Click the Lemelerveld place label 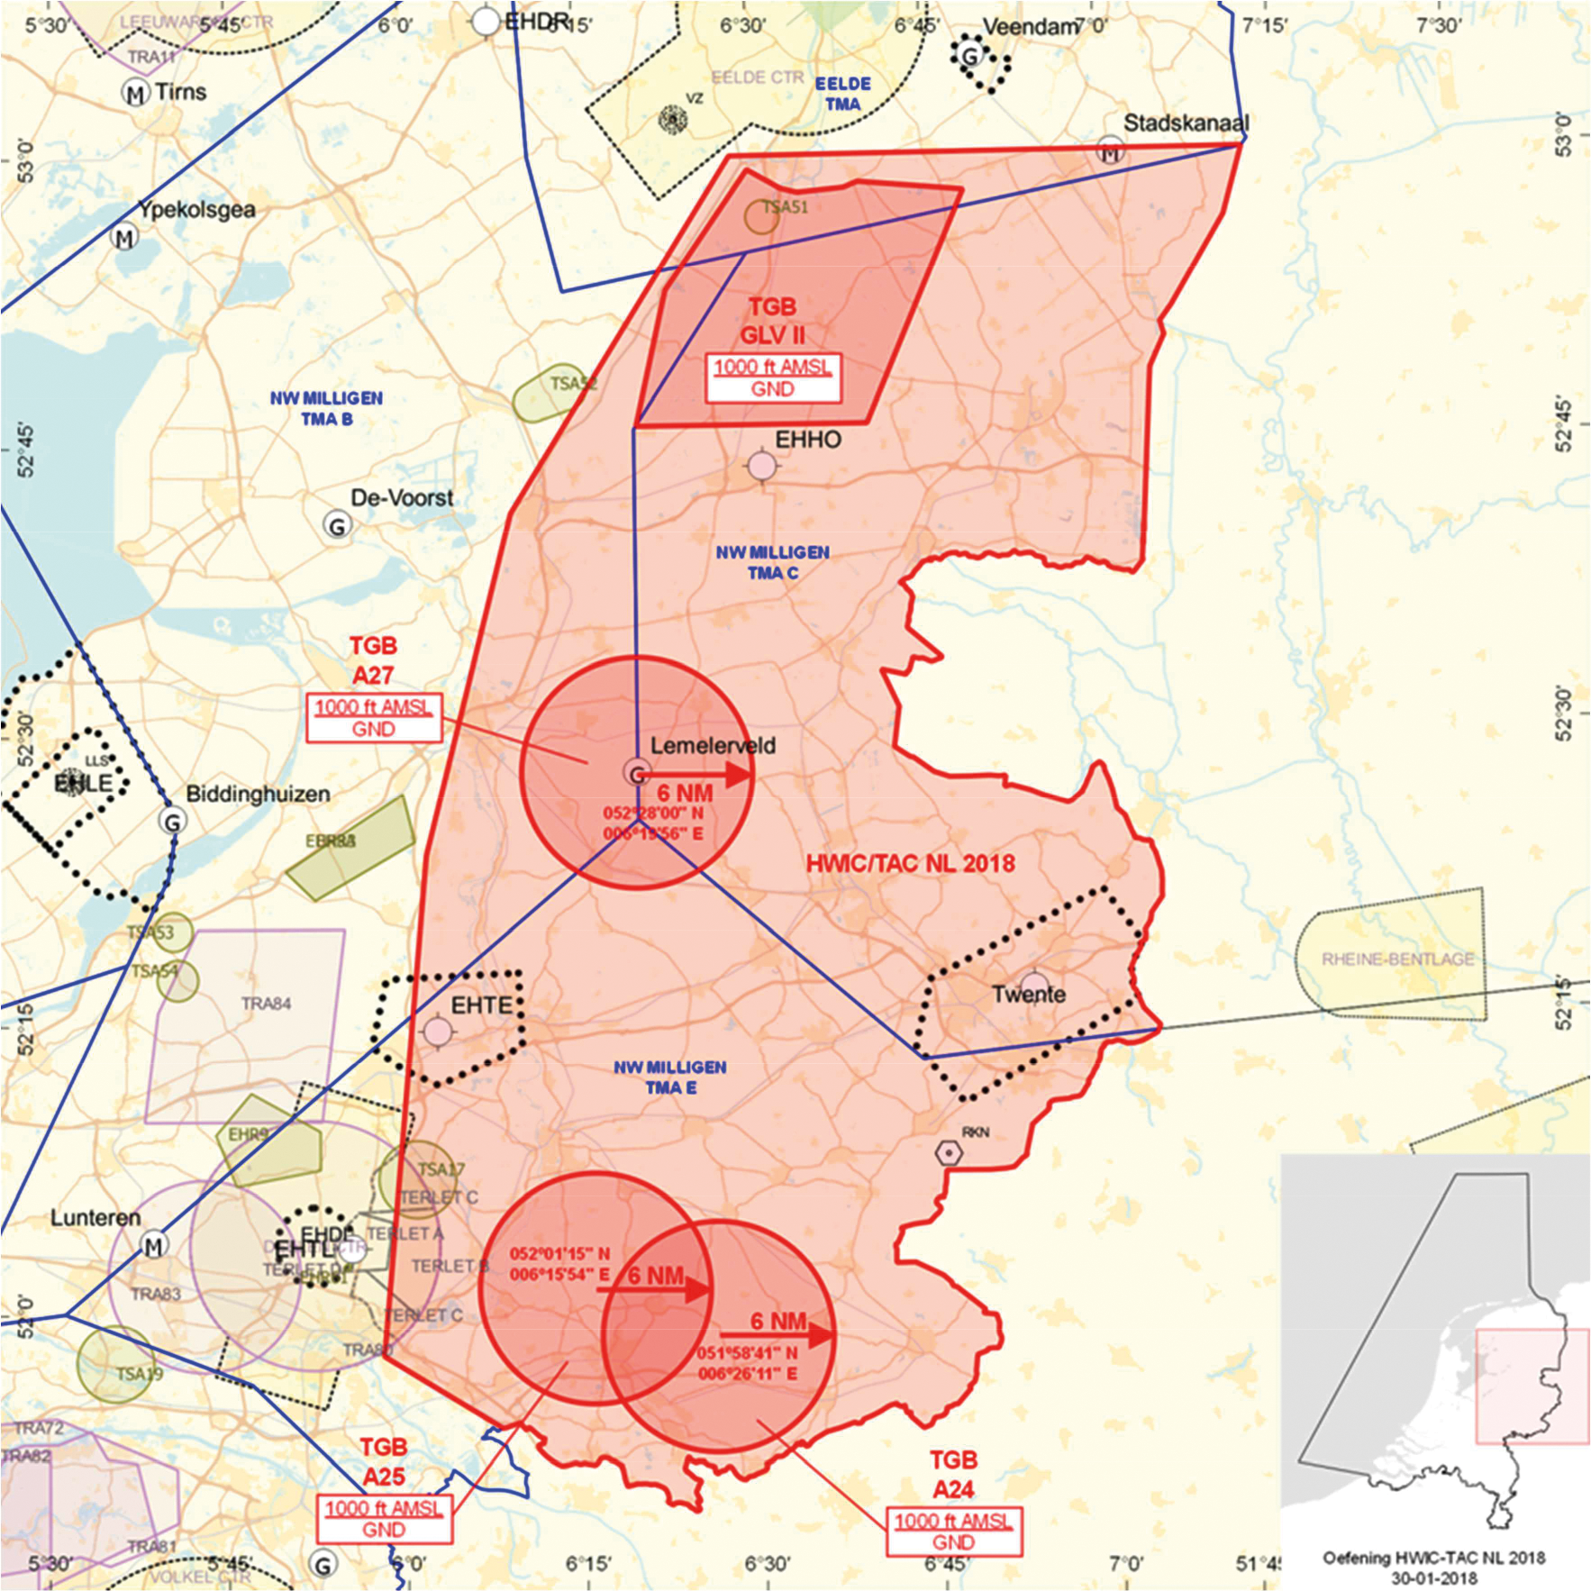tap(713, 745)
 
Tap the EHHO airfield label tap(808, 440)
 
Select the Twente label tap(1029, 995)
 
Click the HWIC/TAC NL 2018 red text tap(910, 863)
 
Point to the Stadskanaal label tap(1186, 123)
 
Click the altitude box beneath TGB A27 tap(374, 718)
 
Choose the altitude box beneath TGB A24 tap(953, 1531)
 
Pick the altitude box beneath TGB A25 tap(384, 1518)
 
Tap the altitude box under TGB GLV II tap(773, 377)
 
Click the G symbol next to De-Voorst tap(338, 526)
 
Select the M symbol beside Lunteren tap(154, 1246)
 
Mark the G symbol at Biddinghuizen tap(172, 821)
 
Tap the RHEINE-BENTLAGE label tap(1397, 959)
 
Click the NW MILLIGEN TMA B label tap(326, 408)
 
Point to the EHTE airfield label tap(481, 1005)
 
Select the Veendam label tap(1030, 27)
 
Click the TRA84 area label tap(266, 1004)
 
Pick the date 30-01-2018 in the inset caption tap(1432, 1577)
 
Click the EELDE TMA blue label tap(843, 94)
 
